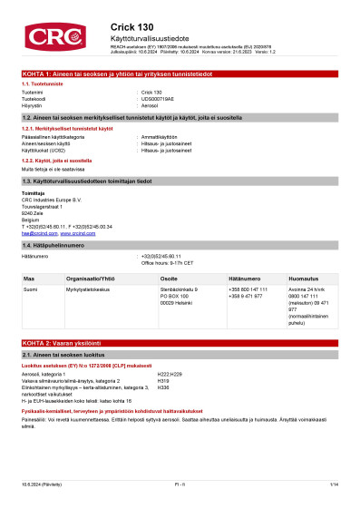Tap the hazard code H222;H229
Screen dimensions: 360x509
click(x=170, y=374)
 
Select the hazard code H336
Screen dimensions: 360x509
click(x=164, y=387)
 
